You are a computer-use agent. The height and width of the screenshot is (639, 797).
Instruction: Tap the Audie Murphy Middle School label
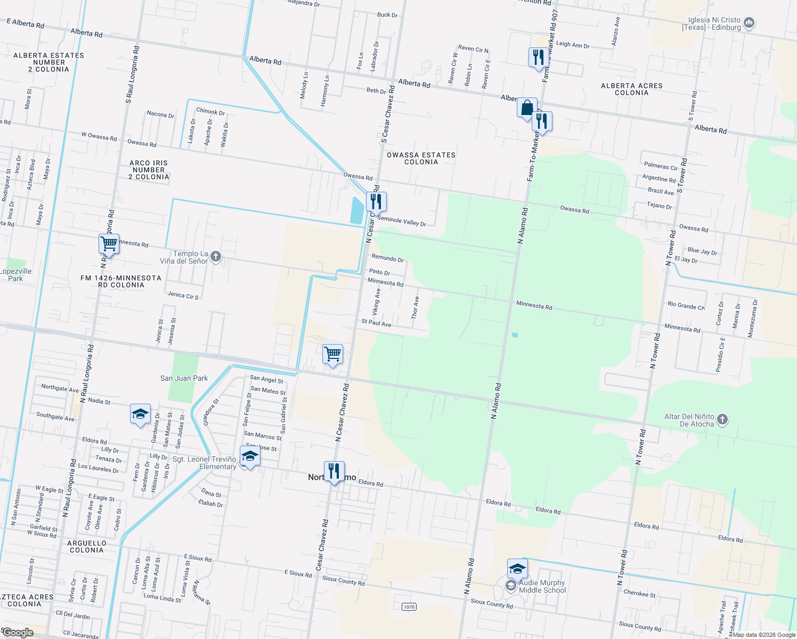[x=542, y=586]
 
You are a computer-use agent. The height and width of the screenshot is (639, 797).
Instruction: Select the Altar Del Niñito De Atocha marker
[x=722, y=420]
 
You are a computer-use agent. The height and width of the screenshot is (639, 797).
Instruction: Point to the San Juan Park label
[x=184, y=379]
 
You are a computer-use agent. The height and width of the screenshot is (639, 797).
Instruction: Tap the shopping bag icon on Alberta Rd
[x=527, y=108]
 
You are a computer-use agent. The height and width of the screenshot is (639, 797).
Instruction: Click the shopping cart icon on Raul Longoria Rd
[x=109, y=244]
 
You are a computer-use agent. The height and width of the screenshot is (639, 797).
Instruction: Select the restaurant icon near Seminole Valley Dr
[x=376, y=202]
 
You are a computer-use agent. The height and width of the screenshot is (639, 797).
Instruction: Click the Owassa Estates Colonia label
[x=421, y=159]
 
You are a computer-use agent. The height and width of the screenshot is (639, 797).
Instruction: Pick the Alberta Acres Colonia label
[x=631, y=89]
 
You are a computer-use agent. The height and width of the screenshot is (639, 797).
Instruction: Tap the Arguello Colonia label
[x=86, y=547]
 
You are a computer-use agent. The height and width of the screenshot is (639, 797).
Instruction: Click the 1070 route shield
[x=409, y=607]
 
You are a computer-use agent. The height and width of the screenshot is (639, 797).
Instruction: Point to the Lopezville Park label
[x=16, y=275]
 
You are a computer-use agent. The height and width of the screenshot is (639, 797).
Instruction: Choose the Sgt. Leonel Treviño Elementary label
[x=205, y=463]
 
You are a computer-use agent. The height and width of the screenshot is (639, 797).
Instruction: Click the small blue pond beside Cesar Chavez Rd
[x=357, y=210]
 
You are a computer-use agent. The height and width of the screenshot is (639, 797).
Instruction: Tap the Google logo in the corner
[x=18, y=633]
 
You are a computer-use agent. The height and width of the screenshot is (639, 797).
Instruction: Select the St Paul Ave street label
[x=376, y=323]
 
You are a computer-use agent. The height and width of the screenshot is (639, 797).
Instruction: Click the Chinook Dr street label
[x=210, y=112]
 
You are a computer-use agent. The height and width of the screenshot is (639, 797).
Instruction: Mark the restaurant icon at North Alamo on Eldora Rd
[x=334, y=471]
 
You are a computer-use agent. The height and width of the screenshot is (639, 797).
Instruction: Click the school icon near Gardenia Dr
[x=140, y=414]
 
